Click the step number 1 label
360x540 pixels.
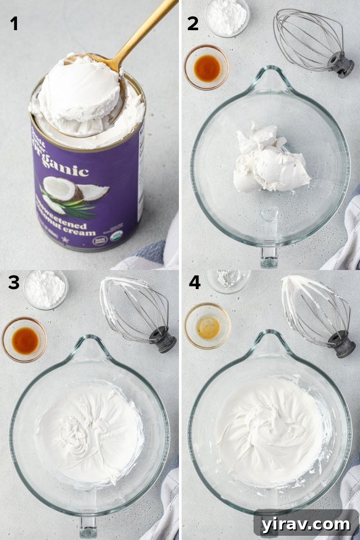tap(14, 24)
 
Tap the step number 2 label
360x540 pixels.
tap(193, 24)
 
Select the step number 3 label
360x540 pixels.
tap(14, 283)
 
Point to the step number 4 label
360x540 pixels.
tap(194, 283)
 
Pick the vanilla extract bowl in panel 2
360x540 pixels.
tap(206, 67)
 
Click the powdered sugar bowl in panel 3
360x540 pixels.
tap(46, 289)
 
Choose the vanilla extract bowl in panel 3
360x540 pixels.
tap(24, 340)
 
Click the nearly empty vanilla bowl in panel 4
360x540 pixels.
tap(208, 326)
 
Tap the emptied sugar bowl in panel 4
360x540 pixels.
tap(228, 280)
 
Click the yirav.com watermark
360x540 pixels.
tap(305, 524)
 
